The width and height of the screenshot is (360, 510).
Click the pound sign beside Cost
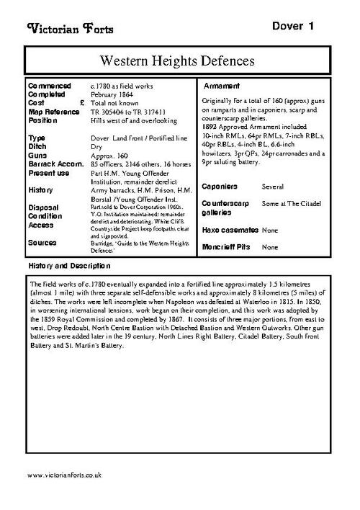83,103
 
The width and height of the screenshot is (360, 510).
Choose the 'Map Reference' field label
55,112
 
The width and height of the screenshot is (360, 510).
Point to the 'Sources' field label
44,242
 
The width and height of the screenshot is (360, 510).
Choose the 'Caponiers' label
222,186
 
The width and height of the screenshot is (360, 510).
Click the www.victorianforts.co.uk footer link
64,476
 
